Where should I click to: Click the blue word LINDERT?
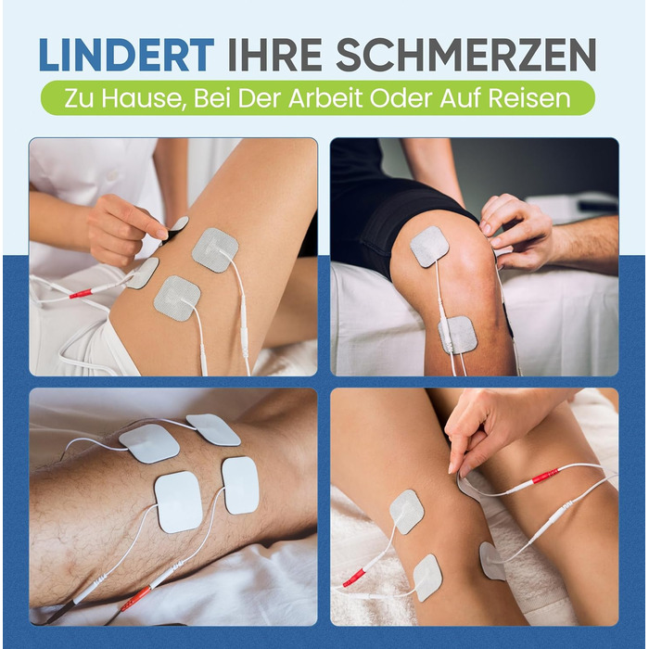(126, 55)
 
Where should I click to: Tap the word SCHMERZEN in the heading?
(466, 55)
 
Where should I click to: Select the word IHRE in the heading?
(274, 55)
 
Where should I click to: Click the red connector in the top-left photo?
(81, 294)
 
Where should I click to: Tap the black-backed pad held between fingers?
(177, 227)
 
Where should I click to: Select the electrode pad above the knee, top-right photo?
(429, 247)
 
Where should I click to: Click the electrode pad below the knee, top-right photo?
(458, 335)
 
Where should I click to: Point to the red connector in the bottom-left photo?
(135, 598)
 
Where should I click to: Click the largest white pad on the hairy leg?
(178, 502)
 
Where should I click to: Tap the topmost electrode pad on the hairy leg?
(213, 429)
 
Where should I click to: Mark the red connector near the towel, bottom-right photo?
(354, 577)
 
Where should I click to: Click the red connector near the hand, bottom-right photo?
(545, 476)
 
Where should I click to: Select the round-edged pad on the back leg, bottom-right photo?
(491, 561)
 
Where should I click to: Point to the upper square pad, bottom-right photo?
(406, 512)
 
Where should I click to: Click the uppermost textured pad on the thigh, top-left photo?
(215, 250)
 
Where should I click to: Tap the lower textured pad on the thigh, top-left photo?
(177, 298)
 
